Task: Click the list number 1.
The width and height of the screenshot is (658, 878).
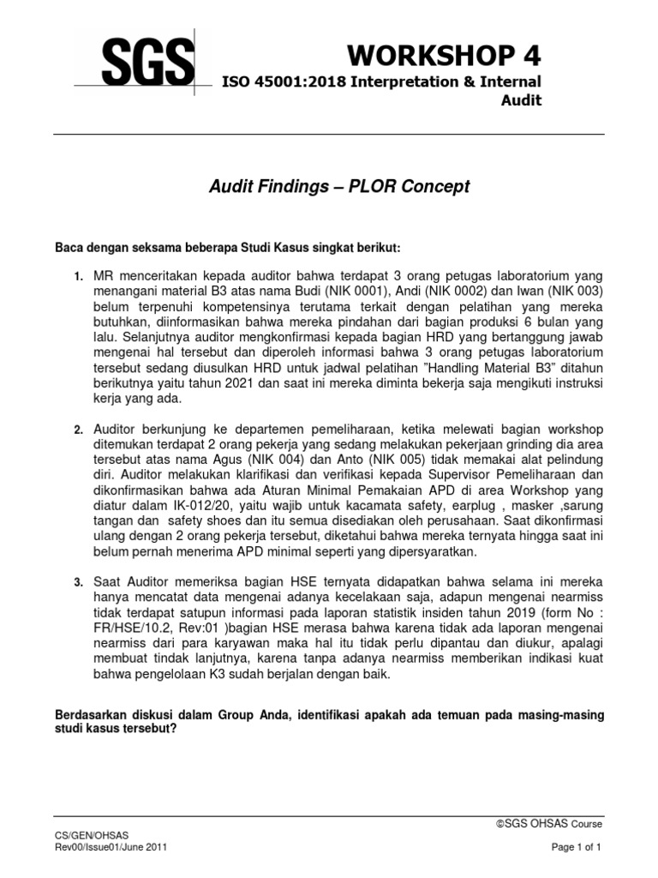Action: point(76,276)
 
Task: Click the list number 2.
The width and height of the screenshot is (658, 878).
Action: point(76,430)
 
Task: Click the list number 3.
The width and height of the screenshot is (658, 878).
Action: point(76,583)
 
